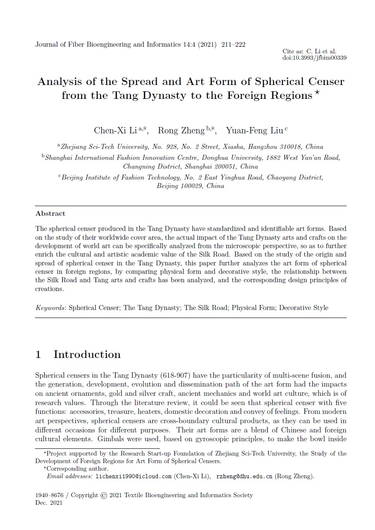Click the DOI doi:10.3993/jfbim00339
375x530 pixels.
[314, 58]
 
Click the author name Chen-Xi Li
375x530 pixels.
[115, 130]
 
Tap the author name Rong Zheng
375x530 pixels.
[181, 130]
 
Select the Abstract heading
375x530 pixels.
[51, 214]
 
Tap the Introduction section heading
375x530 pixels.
[87, 355]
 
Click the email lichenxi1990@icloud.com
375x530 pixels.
[134, 477]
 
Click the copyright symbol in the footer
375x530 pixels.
[104, 496]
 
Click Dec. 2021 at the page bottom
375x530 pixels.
[49, 503]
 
